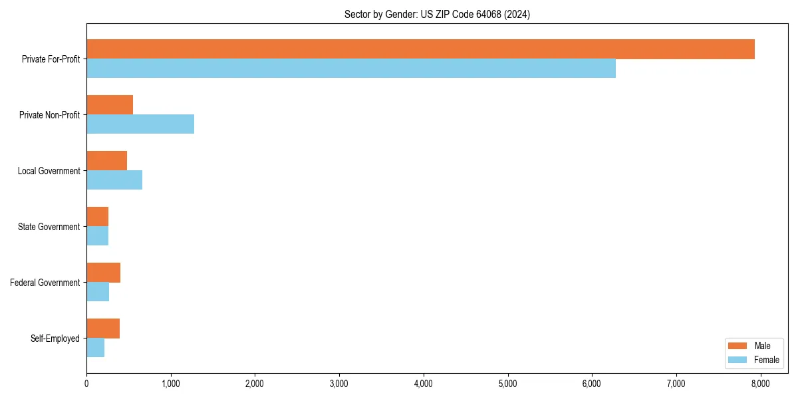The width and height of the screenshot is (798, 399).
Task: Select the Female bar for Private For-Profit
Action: [x=351, y=68]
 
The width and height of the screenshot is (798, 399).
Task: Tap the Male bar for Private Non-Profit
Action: [x=110, y=105]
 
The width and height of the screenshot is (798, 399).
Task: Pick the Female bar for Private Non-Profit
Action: [x=140, y=124]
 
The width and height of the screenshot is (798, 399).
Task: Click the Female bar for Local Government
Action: [x=114, y=180]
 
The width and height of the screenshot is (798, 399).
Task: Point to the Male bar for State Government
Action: [x=97, y=217]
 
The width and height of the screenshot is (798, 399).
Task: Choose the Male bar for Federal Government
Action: [x=103, y=273]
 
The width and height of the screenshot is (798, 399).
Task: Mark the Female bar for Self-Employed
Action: [x=95, y=348]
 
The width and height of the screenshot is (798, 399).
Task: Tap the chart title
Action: [x=437, y=14]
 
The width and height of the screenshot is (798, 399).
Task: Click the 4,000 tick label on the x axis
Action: [x=424, y=383]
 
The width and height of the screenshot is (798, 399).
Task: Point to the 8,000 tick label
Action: [x=760, y=383]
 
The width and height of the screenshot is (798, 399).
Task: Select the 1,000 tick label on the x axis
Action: [x=171, y=383]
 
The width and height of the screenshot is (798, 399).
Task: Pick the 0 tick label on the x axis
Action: [x=86, y=383]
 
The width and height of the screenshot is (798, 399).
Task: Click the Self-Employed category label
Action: [x=55, y=338]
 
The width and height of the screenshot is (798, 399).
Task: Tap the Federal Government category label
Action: [x=45, y=283]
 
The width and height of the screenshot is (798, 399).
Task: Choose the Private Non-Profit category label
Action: [x=49, y=115]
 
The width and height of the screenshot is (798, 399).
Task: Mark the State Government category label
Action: [x=49, y=227]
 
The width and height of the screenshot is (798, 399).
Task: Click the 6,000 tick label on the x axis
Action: [x=592, y=383]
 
